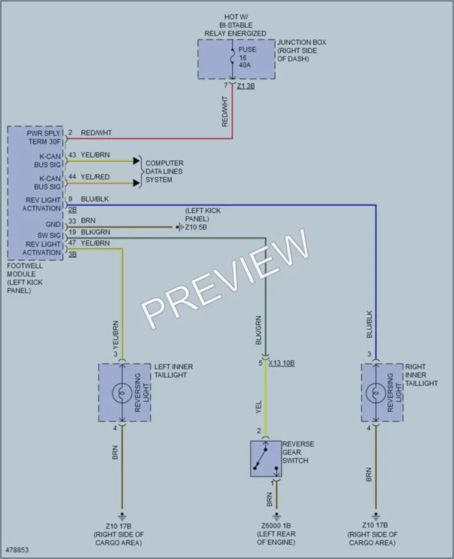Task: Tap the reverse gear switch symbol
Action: pyautogui.click(x=266, y=459)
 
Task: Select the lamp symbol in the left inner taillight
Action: pyautogui.click(x=122, y=393)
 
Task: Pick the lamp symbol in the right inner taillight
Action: pyautogui.click(x=376, y=393)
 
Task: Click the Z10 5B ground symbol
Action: pyautogui.click(x=180, y=227)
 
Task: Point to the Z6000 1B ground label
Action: pyautogui.click(x=276, y=525)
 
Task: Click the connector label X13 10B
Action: pyautogui.click(x=281, y=363)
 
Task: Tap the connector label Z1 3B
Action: pyautogui.click(x=246, y=86)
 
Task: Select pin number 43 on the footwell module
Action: pyautogui.click(x=72, y=155)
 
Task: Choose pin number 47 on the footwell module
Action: pyautogui.click(x=72, y=243)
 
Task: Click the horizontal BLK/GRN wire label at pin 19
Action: pyautogui.click(x=95, y=232)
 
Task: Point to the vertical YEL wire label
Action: pyautogui.click(x=259, y=407)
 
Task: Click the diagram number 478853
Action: pyautogui.click(x=17, y=550)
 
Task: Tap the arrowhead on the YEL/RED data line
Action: pyautogui.click(x=136, y=183)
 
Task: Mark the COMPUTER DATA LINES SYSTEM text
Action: pyautogui.click(x=164, y=172)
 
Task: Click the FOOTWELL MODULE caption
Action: pyautogui.click(x=25, y=278)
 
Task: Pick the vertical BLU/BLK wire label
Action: pyautogui.click(x=369, y=324)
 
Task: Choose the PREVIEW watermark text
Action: pyautogui.click(x=225, y=278)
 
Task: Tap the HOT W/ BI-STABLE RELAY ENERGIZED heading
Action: pyautogui.click(x=235, y=25)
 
